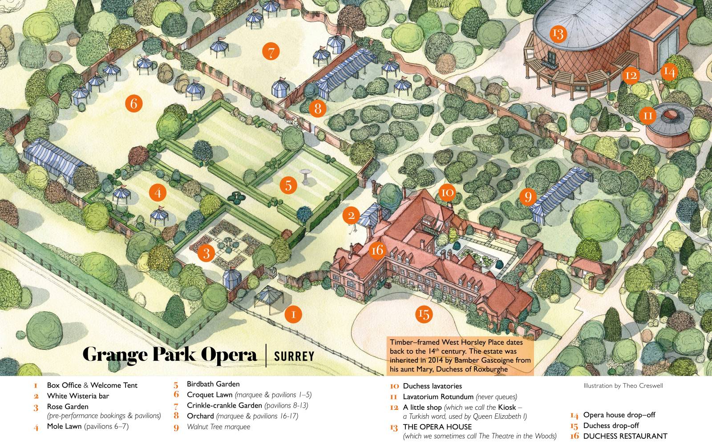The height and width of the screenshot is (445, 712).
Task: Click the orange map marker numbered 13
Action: (x=557, y=33)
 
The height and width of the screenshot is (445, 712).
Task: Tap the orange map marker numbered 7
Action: (x=271, y=52)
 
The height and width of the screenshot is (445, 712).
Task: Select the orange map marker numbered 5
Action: (x=288, y=185)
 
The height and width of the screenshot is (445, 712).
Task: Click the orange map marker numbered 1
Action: (x=293, y=314)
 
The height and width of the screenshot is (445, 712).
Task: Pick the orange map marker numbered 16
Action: (x=377, y=250)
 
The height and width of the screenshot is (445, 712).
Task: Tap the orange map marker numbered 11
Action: (x=648, y=116)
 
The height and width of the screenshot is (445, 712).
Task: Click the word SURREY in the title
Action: (x=294, y=356)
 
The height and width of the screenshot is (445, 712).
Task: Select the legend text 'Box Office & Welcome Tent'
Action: (x=92, y=385)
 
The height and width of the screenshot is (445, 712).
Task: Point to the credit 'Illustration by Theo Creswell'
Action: (x=623, y=386)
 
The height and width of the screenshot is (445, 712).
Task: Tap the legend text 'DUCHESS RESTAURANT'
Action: (x=625, y=436)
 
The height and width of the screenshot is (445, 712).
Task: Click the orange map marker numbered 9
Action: (x=528, y=196)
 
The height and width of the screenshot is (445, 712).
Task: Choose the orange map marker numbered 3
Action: (x=206, y=253)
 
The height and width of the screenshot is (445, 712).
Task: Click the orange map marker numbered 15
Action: (x=424, y=314)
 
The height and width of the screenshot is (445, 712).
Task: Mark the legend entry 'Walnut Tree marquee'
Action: (x=218, y=427)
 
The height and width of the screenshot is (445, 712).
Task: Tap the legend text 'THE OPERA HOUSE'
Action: (x=437, y=427)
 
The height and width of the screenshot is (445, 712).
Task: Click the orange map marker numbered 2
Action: (x=351, y=216)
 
